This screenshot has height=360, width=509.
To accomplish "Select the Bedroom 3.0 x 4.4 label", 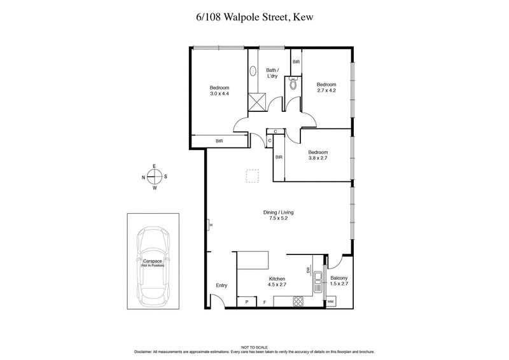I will pos(220,91).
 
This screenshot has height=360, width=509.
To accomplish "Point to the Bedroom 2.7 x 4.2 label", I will pos(326,88).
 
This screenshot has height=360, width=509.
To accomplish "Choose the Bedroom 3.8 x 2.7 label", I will pos(317,155).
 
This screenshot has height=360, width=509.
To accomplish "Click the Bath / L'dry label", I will pos(272,73).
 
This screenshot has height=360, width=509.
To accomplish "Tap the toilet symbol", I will pos(293,84).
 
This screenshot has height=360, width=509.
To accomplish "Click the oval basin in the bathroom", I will pos(253,73).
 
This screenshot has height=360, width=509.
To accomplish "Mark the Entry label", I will pos(221,286).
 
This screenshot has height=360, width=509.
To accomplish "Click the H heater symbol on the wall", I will pos(209,224).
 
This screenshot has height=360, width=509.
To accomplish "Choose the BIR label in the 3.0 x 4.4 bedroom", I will pos(219,141).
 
